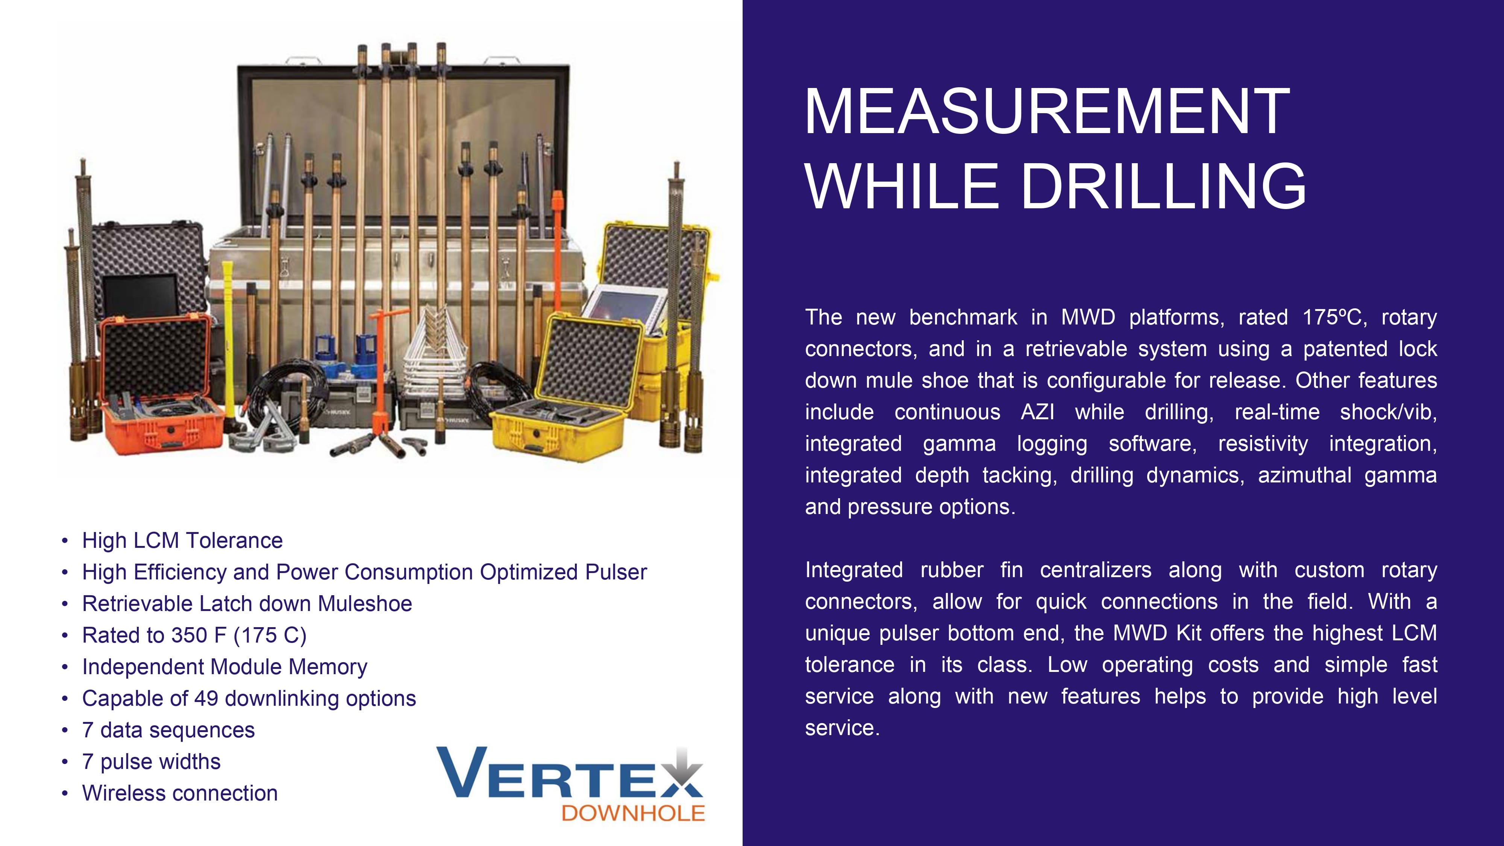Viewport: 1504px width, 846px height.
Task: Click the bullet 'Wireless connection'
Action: point(180,793)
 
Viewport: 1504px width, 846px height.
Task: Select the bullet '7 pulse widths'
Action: point(151,762)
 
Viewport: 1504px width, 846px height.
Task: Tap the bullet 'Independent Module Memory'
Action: point(225,667)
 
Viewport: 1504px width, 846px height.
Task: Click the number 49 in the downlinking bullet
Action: point(206,698)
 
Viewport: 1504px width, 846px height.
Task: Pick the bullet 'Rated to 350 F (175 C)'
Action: point(194,635)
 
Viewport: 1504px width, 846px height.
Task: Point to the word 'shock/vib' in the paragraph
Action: point(1389,412)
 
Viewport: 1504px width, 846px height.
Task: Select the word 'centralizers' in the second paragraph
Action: point(1095,570)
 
